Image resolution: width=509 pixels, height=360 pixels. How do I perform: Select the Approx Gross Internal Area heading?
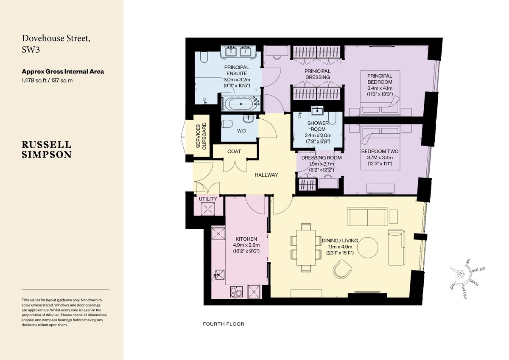(x=63, y=71)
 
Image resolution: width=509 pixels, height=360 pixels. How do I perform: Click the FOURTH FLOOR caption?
(x=224, y=324)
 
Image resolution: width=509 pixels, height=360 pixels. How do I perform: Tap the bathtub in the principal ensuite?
(x=241, y=103)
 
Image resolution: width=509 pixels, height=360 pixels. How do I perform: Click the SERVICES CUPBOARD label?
(x=201, y=136)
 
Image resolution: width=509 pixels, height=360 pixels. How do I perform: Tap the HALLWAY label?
(x=266, y=175)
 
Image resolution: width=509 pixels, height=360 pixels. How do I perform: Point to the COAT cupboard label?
(x=234, y=152)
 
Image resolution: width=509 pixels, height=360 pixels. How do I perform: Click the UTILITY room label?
(x=208, y=199)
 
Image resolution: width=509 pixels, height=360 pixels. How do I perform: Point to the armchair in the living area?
(x=343, y=269)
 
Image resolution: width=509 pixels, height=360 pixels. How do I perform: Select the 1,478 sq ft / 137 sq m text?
(x=47, y=80)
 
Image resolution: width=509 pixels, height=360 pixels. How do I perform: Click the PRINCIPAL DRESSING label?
(x=318, y=74)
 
